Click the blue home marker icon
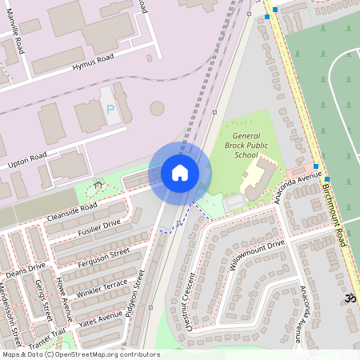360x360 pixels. [180, 172]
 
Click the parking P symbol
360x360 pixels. [110, 108]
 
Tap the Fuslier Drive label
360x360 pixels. [99, 226]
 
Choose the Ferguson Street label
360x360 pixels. [104, 258]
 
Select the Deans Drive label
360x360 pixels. [26, 269]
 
